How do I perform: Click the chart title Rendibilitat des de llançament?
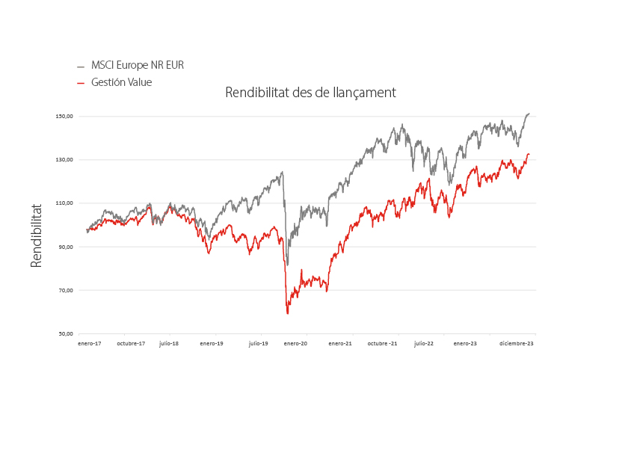pyautogui.click(x=310, y=93)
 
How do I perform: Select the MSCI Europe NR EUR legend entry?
pyautogui.click(x=138, y=65)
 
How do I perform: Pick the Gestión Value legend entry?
pyautogui.click(x=121, y=82)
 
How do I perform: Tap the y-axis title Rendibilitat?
pyautogui.click(x=36, y=235)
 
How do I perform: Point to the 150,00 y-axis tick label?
pyautogui.click(x=64, y=117)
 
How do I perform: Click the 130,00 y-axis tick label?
pyautogui.click(x=64, y=160)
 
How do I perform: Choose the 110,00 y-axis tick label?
pyautogui.click(x=64, y=203)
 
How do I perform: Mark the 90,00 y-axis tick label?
pyautogui.click(x=65, y=247)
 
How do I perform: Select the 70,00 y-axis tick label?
pyautogui.click(x=65, y=290)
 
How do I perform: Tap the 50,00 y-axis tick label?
pyautogui.click(x=65, y=334)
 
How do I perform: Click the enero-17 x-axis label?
pyautogui.click(x=89, y=344)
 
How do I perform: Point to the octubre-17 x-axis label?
pyautogui.click(x=131, y=344)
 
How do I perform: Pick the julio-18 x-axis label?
pyautogui.click(x=169, y=344)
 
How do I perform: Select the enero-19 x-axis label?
pyautogui.click(x=212, y=344)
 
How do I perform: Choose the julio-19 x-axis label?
pyautogui.click(x=259, y=344)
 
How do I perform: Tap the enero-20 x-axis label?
pyautogui.click(x=296, y=344)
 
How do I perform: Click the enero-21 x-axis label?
pyautogui.click(x=340, y=344)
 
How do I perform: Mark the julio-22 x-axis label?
pyautogui.click(x=423, y=344)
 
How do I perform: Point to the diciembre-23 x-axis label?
pyautogui.click(x=517, y=344)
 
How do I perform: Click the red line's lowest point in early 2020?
pyautogui.click(x=288, y=313)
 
